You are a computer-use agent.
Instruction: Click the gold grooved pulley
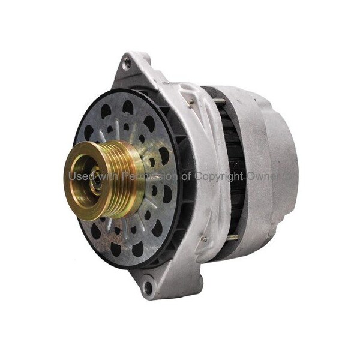coord(104,181)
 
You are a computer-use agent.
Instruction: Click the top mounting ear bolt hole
coord(125,64)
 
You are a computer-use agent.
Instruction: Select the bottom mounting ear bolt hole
coord(148,287)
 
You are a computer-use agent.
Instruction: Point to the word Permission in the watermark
coord(149,176)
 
